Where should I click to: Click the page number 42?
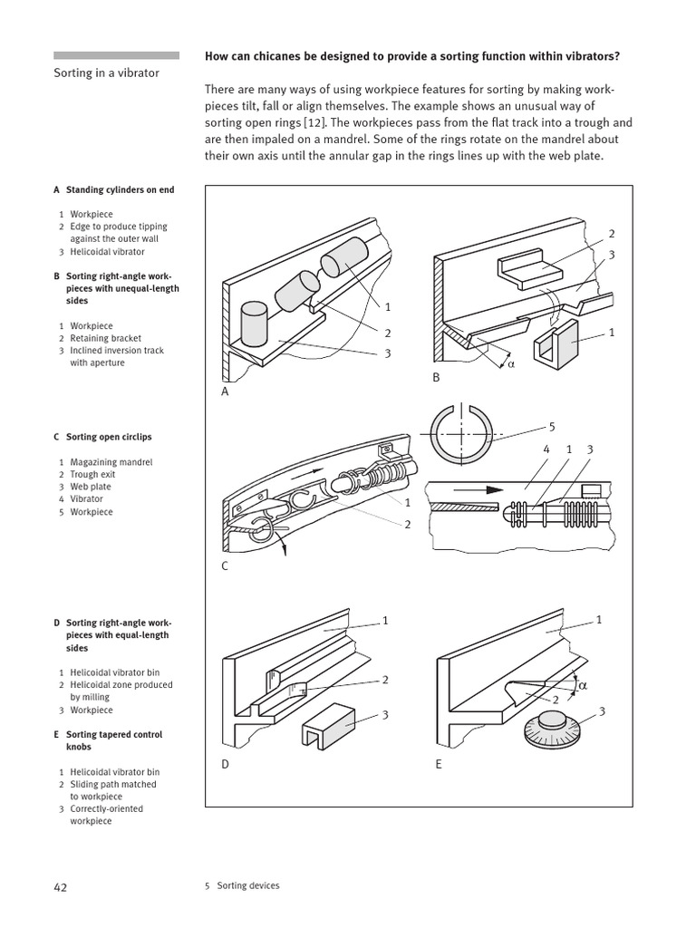[61, 886]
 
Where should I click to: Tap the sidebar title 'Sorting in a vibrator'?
[107, 72]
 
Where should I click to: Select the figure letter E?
[439, 764]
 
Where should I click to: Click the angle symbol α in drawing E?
[583, 686]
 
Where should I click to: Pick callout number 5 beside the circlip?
[551, 425]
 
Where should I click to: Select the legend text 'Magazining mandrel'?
[111, 462]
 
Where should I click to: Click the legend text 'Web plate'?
[91, 487]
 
